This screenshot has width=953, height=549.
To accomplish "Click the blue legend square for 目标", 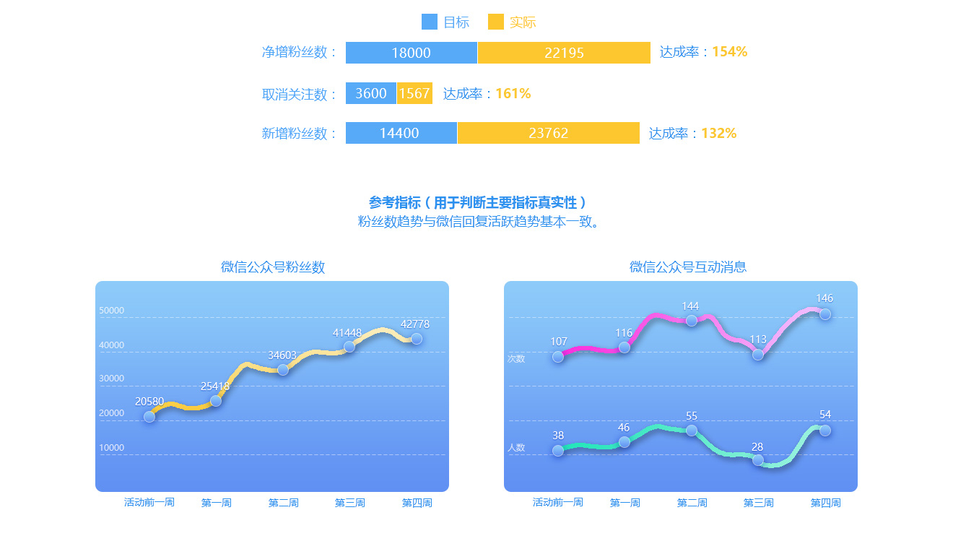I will (430, 22).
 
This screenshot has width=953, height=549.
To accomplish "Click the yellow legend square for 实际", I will (496, 22).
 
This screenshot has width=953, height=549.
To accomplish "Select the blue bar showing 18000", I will (412, 53).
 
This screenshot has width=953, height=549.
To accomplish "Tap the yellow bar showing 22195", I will (564, 53).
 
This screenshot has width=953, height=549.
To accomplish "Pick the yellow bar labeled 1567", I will (414, 93).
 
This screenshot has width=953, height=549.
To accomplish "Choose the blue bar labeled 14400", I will (401, 133).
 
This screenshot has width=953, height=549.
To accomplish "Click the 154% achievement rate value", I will (729, 52).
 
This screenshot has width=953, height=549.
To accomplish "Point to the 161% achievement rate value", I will (513, 93).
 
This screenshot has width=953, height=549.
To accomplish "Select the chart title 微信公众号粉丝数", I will (273, 267).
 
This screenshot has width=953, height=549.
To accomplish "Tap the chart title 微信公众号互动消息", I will (687, 267).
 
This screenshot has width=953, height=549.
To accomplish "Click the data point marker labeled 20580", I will (149, 417).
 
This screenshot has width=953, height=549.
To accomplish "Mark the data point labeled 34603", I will (283, 370).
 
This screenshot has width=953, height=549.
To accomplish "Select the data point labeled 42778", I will (417, 339).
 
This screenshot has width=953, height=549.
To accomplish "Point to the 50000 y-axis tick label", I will (111, 311).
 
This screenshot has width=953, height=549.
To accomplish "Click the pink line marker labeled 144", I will (692, 321).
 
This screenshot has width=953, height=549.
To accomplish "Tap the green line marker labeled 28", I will (758, 460).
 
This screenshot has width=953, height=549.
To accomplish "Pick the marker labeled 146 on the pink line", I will (825, 314).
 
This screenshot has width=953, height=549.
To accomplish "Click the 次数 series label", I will (516, 358).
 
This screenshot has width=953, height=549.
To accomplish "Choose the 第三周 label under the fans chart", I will (349, 503).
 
